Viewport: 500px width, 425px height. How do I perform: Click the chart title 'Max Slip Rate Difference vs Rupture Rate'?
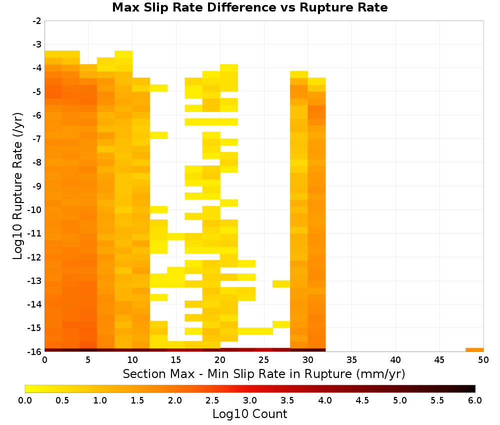coord(249,7)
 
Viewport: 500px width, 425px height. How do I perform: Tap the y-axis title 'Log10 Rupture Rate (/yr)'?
coord(18,186)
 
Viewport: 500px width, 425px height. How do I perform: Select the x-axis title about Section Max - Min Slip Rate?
coord(263,373)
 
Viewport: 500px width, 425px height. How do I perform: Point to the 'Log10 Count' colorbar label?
coord(249,414)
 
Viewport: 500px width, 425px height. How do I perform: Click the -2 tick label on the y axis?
coord(37,21)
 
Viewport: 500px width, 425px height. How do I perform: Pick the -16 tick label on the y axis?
coord(35,351)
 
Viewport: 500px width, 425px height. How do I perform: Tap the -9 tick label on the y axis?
coord(37,186)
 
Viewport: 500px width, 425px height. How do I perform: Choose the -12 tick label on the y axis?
coord(35,257)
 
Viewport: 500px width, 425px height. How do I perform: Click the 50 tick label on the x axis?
coord(483,360)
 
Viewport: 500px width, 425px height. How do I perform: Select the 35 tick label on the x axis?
coord(351,360)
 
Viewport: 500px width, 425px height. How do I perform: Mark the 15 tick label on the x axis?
coord(176,360)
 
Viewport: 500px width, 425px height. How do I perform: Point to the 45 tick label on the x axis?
coord(439,360)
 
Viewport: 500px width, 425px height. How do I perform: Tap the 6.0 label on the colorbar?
coord(475,400)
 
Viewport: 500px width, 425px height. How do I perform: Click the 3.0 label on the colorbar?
coord(250,400)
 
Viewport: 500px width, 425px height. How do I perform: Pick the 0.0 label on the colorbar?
coord(25,400)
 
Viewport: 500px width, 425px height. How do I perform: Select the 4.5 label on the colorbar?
coord(362,400)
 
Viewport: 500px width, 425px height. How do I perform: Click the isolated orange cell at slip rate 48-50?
coord(474,350)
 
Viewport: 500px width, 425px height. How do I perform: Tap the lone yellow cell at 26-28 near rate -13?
coord(281,284)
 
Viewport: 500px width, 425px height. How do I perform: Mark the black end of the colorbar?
coord(473,388)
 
